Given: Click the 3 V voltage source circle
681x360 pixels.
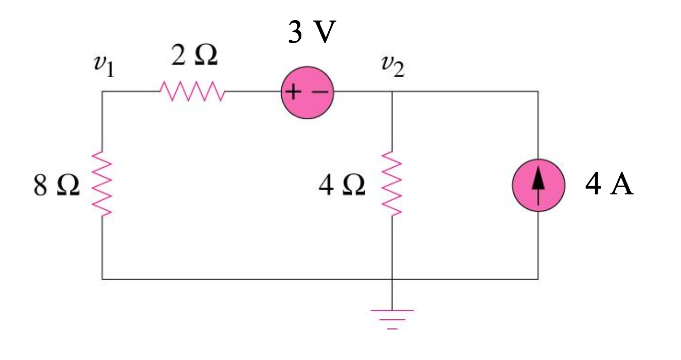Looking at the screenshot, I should point(307,93).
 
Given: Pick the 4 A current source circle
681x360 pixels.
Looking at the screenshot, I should point(539,186).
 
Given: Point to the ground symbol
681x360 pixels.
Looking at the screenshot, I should point(392,318).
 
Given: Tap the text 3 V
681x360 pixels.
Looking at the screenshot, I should point(311,33).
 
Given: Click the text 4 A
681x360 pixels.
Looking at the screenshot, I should point(609,186).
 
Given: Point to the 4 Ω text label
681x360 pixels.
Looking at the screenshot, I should point(342,187).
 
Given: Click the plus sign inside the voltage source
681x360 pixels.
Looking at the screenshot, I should point(293,93).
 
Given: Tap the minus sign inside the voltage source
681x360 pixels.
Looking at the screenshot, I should point(320,93).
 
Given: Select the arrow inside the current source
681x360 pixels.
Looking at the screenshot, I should point(539,183).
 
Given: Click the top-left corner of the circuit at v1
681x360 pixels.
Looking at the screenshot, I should point(102,92).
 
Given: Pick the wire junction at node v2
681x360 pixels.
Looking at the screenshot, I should point(392,92).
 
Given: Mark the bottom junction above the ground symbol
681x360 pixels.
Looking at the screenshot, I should point(392,279).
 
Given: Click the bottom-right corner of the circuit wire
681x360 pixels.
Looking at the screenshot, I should point(539,279).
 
